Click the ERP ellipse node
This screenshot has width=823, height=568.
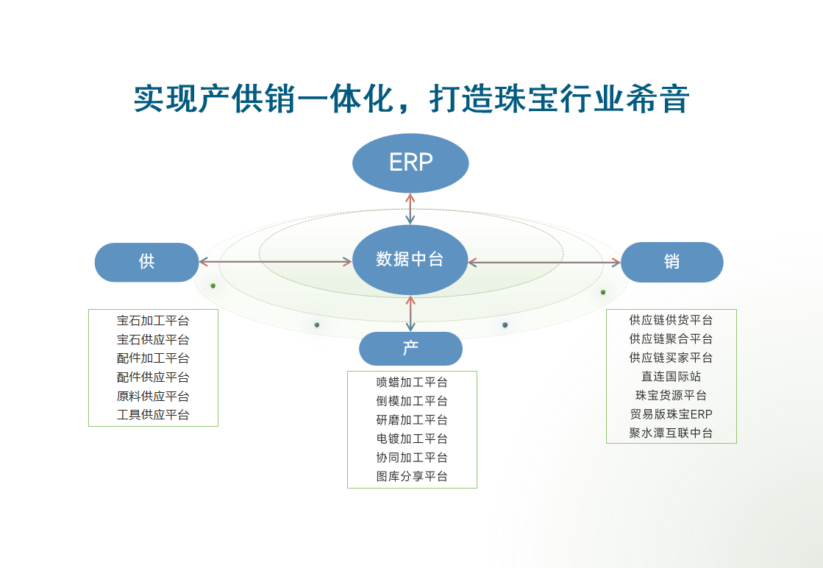410,163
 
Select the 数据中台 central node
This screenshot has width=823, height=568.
410,260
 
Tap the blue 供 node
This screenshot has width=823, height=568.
146,262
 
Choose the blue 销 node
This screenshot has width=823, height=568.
671,262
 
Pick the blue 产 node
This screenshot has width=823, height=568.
410,349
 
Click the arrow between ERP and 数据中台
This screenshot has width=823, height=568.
410,209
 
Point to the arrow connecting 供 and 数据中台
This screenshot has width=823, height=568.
276,261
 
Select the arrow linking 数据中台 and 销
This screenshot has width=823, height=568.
544,262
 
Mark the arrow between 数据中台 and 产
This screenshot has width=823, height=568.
410,313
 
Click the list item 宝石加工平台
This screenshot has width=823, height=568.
153,321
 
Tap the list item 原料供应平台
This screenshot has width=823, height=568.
153,397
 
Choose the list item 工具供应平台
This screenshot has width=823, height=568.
153,415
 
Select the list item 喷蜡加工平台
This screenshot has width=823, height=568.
412,382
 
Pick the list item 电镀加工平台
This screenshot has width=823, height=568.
412,439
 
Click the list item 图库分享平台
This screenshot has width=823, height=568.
412,477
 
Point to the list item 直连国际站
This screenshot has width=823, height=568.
671,377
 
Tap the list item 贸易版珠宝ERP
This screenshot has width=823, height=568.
671,414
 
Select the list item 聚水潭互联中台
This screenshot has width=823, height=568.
671,433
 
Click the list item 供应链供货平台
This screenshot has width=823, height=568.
671,320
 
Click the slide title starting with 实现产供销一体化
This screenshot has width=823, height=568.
411,99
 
